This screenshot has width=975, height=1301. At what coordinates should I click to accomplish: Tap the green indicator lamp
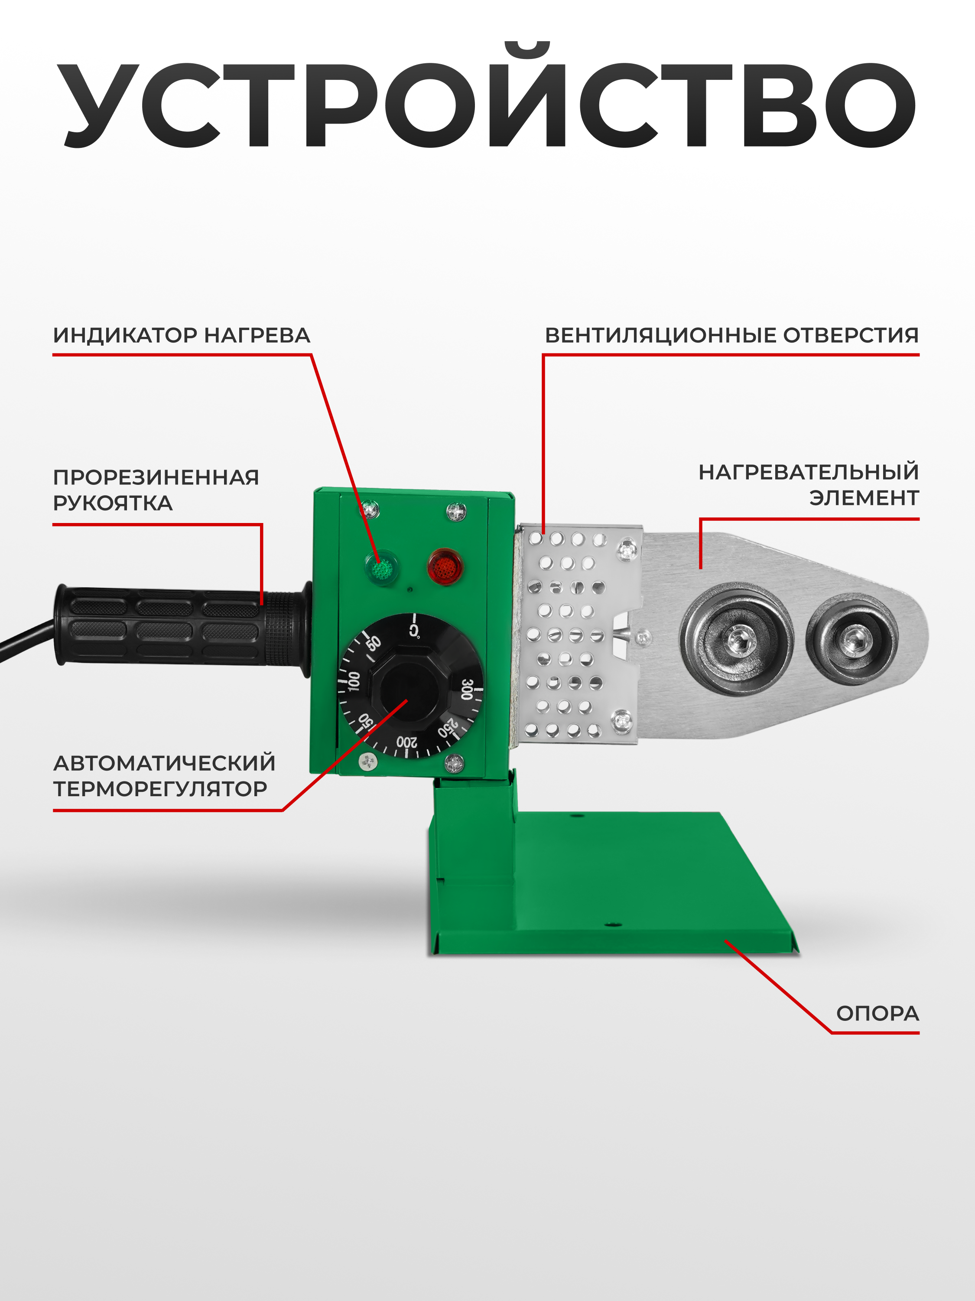pos(381,568)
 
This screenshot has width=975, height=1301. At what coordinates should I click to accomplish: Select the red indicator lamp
pos(445,566)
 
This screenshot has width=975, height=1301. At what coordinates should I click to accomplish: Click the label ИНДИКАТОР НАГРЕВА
pos(182,335)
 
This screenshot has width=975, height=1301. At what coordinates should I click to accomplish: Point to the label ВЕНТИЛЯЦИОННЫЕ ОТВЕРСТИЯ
pos(732,335)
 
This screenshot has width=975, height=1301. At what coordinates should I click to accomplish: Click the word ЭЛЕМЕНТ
pos(864,498)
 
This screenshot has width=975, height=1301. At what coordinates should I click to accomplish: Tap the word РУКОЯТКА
pos(113,503)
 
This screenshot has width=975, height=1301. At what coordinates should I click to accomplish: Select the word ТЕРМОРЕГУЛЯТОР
pos(160,789)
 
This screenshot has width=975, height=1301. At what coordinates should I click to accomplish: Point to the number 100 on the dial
pos(354,681)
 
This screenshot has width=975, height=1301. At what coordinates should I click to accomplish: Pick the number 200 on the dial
pos(407,743)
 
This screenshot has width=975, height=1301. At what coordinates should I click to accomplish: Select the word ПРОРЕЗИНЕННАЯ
pos(156,477)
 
